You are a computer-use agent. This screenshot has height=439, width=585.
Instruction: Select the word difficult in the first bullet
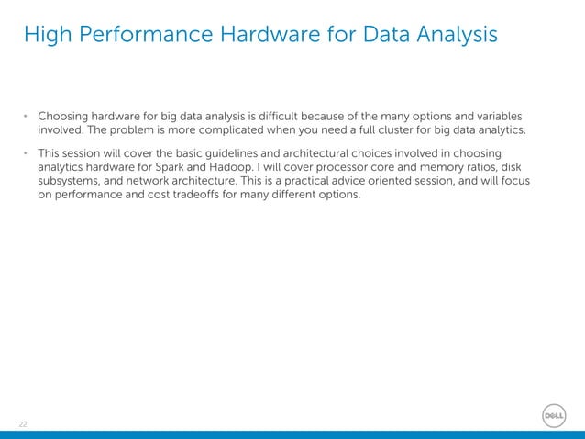click(x=286, y=117)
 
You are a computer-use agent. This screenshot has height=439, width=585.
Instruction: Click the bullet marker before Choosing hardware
click(x=27, y=118)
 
